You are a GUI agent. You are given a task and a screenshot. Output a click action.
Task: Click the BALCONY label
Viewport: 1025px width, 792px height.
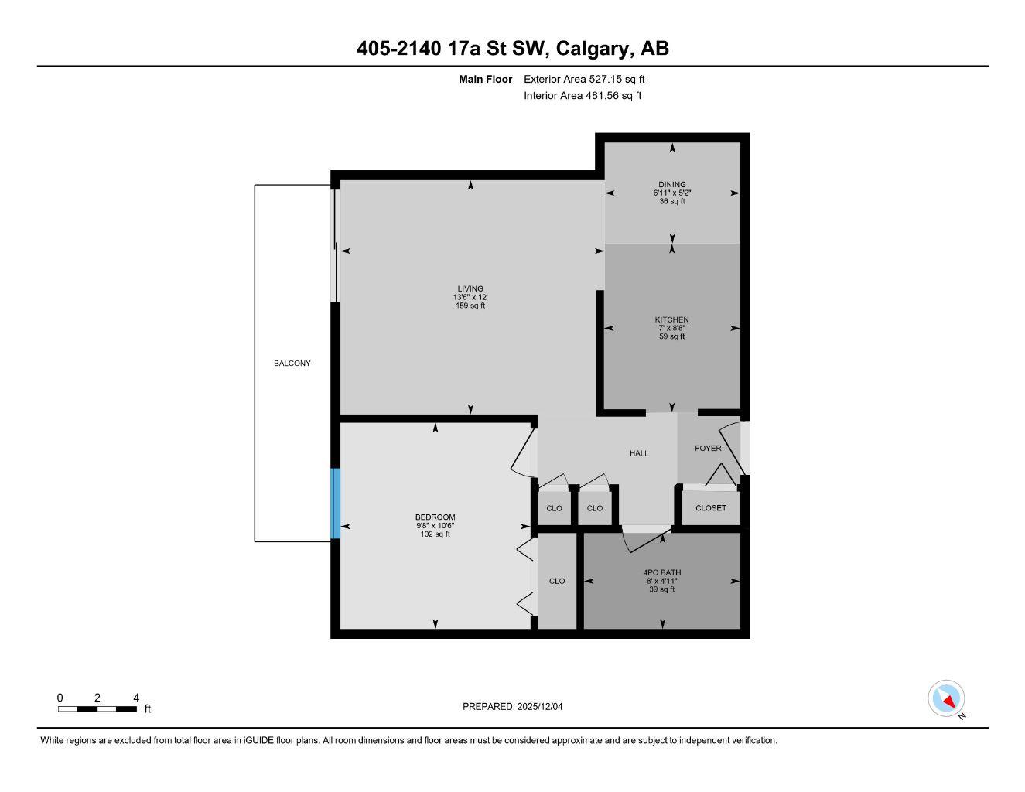pos(292,364)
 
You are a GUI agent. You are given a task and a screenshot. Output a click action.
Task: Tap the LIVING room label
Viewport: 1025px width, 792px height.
pos(470,289)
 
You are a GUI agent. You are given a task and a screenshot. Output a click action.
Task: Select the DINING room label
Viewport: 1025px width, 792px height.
pos(671,185)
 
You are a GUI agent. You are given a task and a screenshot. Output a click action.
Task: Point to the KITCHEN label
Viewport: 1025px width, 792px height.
pos(671,319)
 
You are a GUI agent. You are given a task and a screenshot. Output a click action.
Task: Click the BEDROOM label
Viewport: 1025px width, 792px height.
pos(435,517)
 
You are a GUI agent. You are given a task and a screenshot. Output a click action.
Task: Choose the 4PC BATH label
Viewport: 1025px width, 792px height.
pos(661,573)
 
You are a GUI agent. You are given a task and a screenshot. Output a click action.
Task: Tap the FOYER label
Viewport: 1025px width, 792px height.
pos(708,449)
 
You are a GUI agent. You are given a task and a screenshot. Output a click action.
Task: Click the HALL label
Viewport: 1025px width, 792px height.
pos(639,453)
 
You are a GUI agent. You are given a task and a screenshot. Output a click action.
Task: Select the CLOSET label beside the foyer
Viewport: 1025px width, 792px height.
pos(711,508)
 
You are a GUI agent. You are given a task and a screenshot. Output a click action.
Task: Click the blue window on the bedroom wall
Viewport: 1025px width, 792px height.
pos(335,504)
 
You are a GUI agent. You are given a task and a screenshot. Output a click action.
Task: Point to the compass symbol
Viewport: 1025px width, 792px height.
pos(946,699)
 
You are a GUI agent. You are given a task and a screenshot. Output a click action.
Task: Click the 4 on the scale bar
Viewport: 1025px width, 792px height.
pos(137,698)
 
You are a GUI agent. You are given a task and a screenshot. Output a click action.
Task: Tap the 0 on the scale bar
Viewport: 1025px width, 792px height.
pos(60,698)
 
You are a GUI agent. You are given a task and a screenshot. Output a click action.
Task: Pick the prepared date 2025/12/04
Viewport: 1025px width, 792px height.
pos(545,706)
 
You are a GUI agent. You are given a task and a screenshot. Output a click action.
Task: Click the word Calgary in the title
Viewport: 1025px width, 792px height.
pos(593,49)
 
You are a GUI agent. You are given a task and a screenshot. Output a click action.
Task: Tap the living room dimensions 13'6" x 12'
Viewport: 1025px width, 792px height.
pos(470,298)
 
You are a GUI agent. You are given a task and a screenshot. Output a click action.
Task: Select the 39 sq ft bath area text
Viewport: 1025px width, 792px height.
pos(661,589)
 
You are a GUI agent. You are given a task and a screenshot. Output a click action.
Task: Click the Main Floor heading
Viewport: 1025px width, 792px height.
pos(485,79)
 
